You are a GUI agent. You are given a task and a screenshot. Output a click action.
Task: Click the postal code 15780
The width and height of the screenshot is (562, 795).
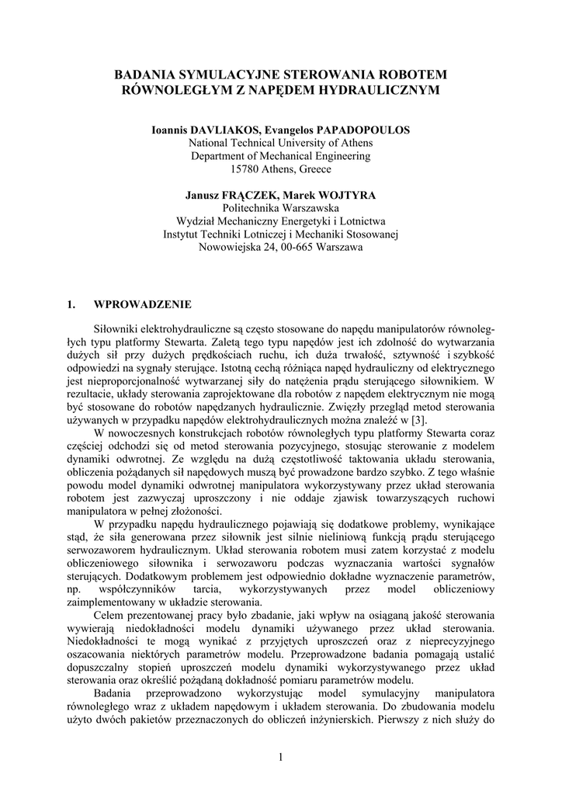click(x=245, y=169)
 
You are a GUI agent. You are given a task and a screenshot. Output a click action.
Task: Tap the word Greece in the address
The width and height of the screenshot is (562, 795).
click(x=314, y=169)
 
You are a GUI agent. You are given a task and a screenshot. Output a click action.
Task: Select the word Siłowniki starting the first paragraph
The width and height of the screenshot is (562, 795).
click(x=117, y=329)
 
